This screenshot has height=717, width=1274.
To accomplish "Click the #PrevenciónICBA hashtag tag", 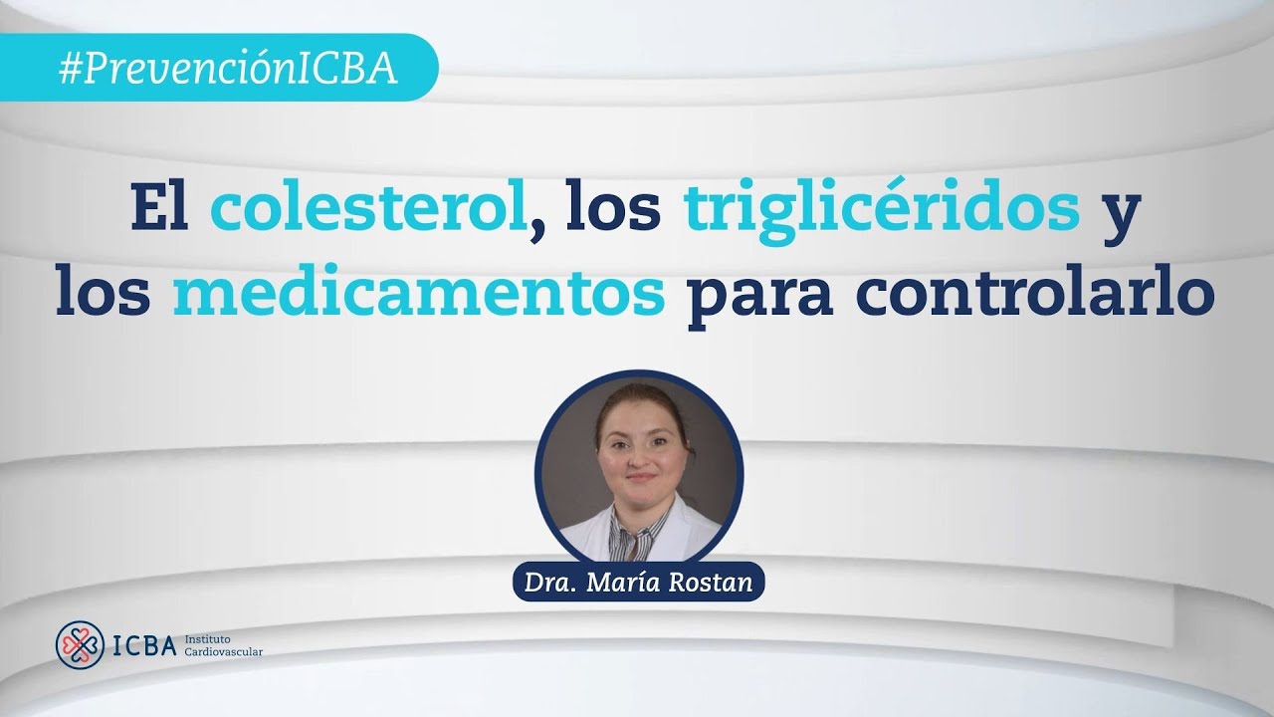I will [x=228, y=68].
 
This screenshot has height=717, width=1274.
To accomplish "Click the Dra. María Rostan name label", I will [x=638, y=582].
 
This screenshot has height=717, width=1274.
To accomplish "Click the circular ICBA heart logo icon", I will [x=81, y=645].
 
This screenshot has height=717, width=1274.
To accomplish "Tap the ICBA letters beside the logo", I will [x=143, y=645].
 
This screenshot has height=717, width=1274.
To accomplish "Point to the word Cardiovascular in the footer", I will [x=224, y=652].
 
